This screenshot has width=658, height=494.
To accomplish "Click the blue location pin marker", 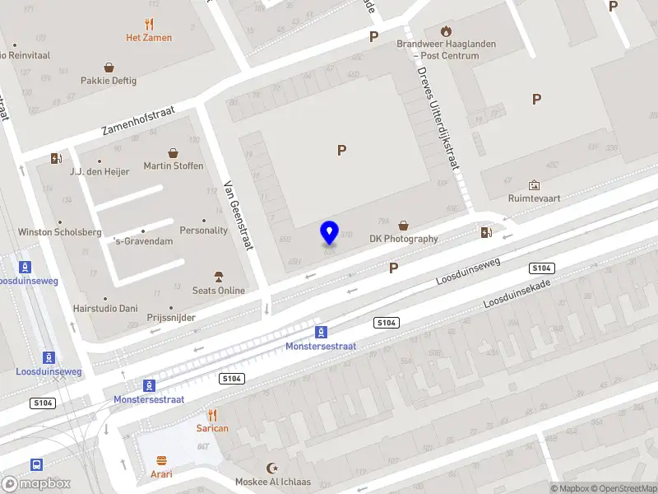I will tap(329, 233).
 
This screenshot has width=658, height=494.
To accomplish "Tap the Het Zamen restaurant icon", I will tap(149, 24).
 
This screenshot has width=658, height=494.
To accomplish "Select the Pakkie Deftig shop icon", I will tap(109, 68).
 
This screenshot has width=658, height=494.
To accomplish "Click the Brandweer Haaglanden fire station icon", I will tap(446, 31).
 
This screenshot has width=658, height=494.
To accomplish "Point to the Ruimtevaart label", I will tap(535, 198).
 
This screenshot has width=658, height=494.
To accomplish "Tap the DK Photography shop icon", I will tap(403, 225).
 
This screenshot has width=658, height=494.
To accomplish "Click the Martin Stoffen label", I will tap(174, 166).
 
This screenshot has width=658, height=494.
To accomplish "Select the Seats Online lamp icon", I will tap(219, 276).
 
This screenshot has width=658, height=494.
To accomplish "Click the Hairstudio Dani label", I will tap(105, 309).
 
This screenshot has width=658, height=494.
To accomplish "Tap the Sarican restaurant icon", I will tap(212, 415).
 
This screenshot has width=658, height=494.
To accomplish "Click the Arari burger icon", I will tap(162, 461).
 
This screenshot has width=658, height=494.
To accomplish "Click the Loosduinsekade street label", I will tap(516, 292).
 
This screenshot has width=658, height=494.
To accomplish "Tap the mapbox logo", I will tap(35, 484).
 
